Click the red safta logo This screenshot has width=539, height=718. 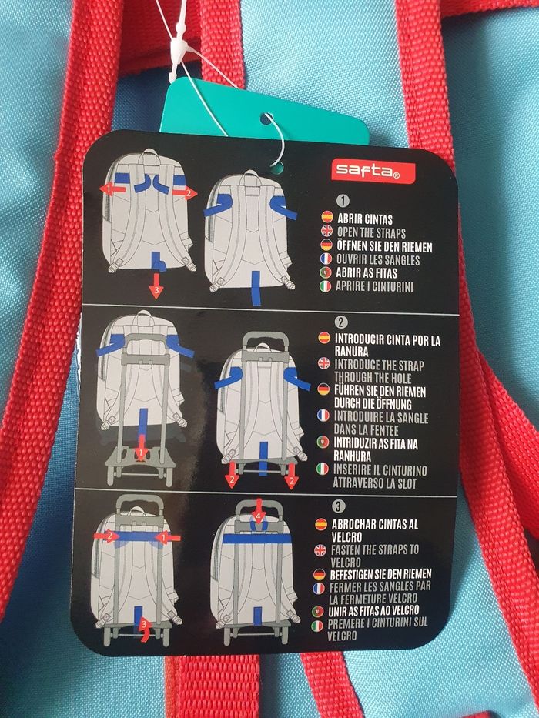pos(373,172)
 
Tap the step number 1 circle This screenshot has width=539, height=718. pos(343,200)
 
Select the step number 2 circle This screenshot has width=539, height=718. pos(340,322)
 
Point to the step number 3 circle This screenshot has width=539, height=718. pos(338,506)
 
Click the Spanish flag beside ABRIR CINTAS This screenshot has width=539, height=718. pos(327,216)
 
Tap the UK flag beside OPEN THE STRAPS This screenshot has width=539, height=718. pos(326,230)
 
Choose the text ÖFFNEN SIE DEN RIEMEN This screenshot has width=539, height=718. pos(384,246)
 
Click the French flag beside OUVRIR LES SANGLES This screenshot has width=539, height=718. pos(326,259)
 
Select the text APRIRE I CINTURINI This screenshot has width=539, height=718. pos(374,286)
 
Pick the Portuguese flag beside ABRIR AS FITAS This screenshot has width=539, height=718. pos(326,272)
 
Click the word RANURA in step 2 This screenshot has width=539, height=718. pos(353,352)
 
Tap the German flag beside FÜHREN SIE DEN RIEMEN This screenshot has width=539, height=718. pos(323,389)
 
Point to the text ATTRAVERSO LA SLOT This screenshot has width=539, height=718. pos(374,483)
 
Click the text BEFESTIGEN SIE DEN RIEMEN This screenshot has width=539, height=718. pos(380,574)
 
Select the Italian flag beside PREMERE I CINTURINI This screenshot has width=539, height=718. pos(317,626)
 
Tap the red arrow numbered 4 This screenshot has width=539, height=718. pos(259,510)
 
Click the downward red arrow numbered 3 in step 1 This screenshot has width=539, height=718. pos(156,286)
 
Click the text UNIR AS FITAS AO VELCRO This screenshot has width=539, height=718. pos(373,610)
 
